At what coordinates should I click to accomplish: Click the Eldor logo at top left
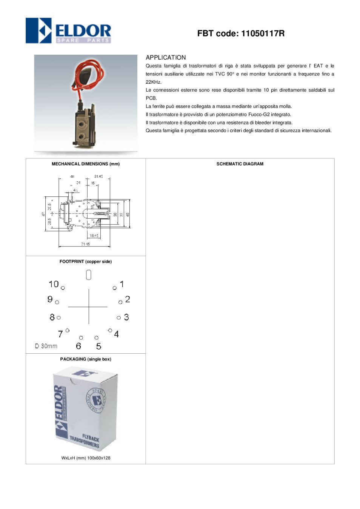68,31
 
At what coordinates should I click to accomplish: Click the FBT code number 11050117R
263,34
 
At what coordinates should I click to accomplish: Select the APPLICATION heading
166,58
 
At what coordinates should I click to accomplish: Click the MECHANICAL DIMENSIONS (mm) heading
86,164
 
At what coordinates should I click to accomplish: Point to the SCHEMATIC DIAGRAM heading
240,164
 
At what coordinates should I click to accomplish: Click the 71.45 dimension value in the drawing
85,244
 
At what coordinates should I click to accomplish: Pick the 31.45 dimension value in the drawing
98,176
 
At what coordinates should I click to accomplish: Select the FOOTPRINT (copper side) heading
86,262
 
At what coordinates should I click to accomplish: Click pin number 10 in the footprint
54,284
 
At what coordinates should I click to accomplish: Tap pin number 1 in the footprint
122,284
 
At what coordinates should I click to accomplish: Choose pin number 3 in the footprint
126,317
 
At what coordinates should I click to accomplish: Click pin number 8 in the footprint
52,317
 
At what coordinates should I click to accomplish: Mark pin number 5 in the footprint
98,346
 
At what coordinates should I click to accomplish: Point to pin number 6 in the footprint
78,346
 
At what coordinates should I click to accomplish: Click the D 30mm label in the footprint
46,346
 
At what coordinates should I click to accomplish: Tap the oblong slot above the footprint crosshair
89,275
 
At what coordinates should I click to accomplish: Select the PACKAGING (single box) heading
86,359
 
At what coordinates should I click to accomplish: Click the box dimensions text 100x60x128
99,458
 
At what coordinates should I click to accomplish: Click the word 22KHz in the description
154,82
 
